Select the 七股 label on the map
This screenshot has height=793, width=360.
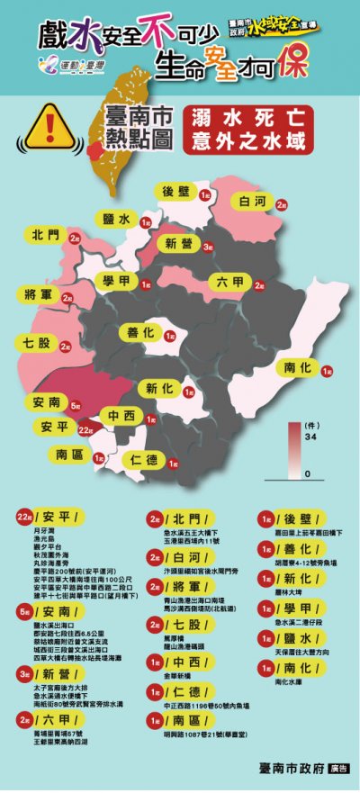tap(37, 342)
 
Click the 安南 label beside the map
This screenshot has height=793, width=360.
tap(47, 402)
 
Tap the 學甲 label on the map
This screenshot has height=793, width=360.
tap(119, 283)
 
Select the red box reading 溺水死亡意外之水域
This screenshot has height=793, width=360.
tap(244, 129)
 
